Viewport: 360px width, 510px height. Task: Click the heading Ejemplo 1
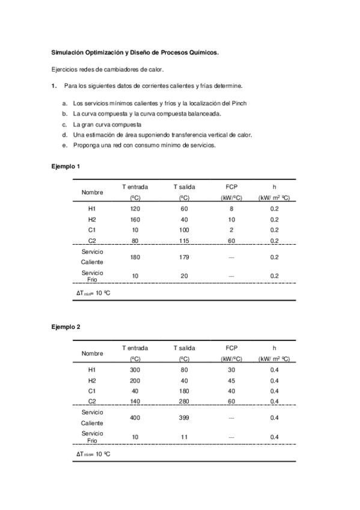[66, 165]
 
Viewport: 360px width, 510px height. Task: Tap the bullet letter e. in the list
[64, 145]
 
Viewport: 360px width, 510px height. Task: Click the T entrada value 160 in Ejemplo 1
[135, 219]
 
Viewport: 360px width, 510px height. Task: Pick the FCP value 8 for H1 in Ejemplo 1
[232, 208]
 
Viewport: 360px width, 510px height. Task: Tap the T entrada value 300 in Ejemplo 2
[135, 369]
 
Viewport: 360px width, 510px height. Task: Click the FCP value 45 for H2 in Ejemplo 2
[232, 380]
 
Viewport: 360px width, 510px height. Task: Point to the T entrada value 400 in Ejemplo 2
[135, 417]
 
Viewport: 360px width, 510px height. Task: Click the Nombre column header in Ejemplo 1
[92, 192]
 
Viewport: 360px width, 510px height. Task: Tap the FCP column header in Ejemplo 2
[232, 348]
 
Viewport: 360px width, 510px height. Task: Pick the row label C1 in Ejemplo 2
[92, 391]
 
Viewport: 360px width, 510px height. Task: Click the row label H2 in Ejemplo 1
[92, 219]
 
